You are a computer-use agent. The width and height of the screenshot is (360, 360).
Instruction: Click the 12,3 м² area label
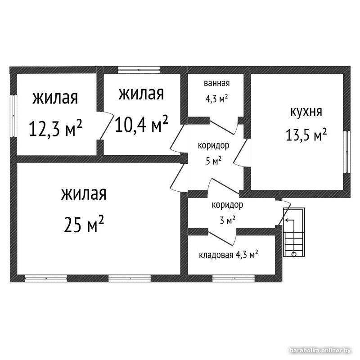tap(55, 128)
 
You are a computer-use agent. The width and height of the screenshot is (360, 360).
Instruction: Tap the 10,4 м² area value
tap(141, 124)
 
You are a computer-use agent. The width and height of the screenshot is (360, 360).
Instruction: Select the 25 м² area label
tap(84, 224)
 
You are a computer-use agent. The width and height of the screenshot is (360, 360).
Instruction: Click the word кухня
tap(306, 112)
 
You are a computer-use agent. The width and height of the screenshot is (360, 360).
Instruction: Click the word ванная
tap(217, 83)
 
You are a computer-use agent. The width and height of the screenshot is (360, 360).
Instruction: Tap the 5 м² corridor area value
tap(213, 161)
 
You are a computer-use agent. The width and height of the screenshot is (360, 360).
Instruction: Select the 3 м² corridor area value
tap(228, 220)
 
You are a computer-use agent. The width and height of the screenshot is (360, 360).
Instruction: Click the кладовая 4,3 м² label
tap(229, 254)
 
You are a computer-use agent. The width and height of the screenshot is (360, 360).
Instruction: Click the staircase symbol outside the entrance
tap(294, 232)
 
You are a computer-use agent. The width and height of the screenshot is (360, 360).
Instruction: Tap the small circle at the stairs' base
tap(294, 254)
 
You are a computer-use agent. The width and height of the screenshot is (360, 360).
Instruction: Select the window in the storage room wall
tap(234, 278)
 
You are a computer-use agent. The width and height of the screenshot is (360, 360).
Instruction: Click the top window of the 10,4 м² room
tap(139, 70)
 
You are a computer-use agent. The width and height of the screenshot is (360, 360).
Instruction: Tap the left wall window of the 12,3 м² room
tap(13, 116)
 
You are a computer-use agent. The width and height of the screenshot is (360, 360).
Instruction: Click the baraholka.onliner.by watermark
tap(320, 351)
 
